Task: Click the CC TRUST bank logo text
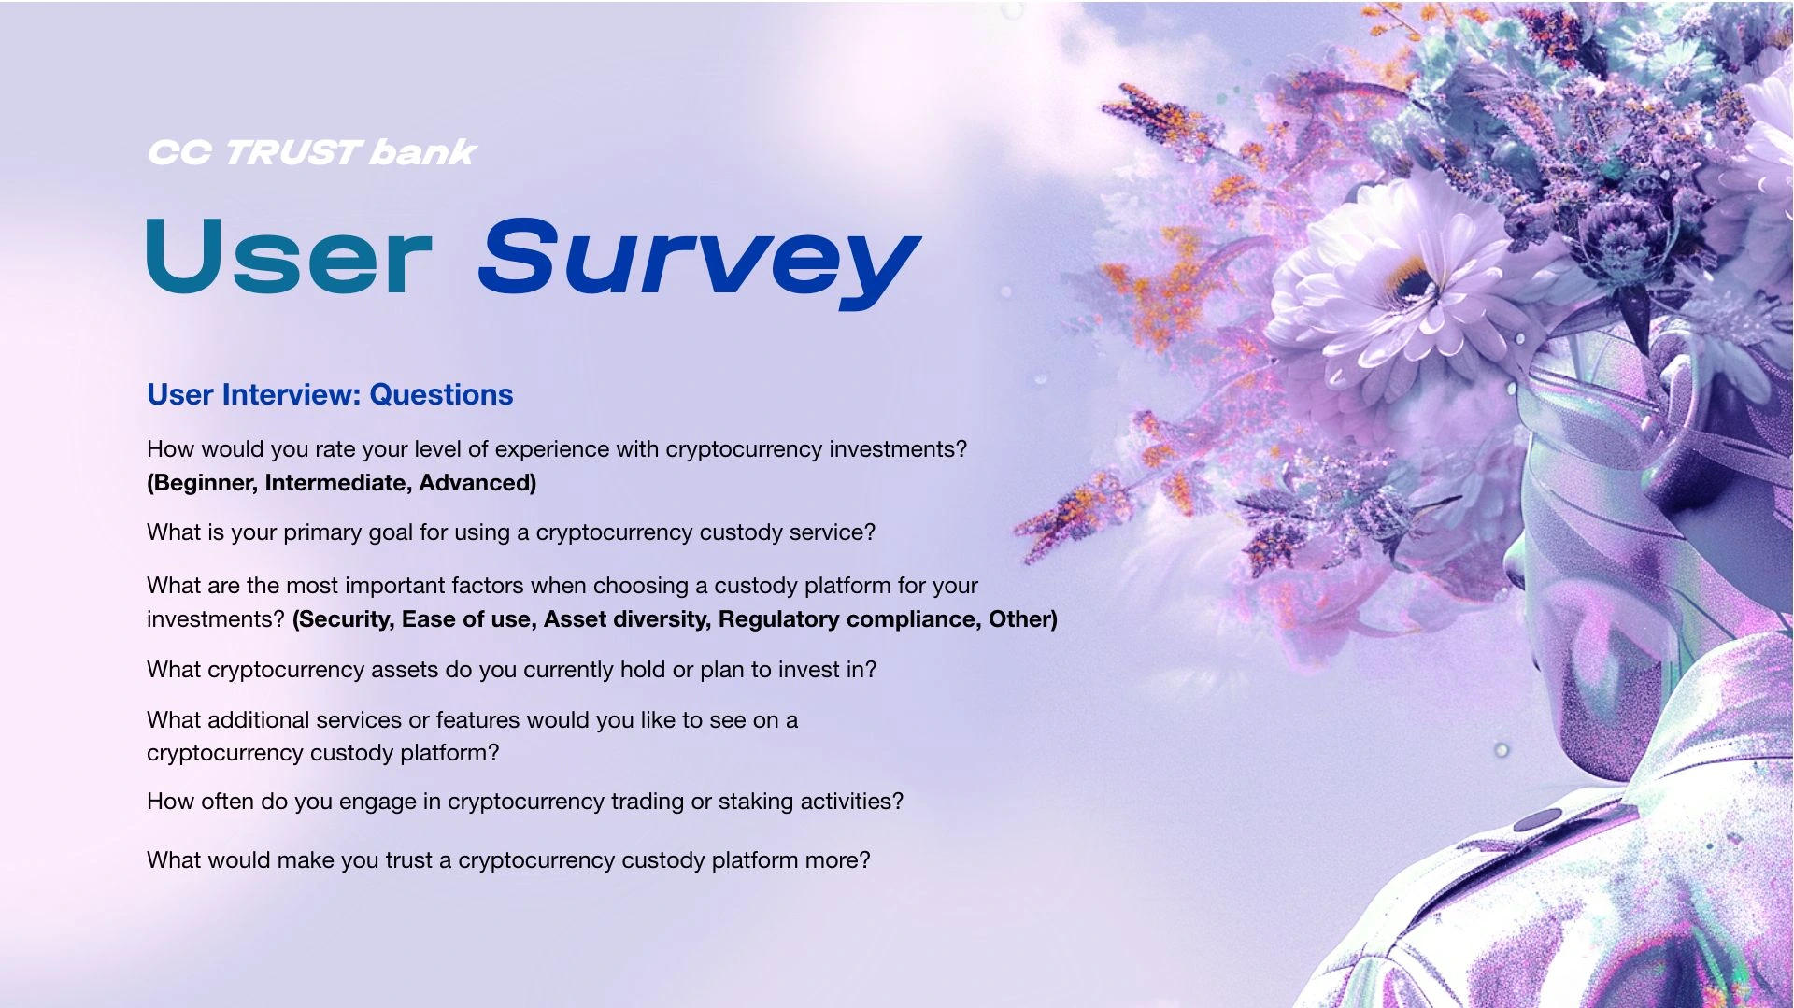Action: tap(312, 152)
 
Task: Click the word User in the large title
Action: tap(290, 257)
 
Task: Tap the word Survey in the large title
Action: tap(699, 263)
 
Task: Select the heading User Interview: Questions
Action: tap(330, 394)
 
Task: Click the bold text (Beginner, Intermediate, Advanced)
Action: tap(342, 483)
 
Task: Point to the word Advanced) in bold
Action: tap(477, 483)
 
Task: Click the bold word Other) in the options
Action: tap(1023, 619)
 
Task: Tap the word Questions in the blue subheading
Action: tap(441, 394)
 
